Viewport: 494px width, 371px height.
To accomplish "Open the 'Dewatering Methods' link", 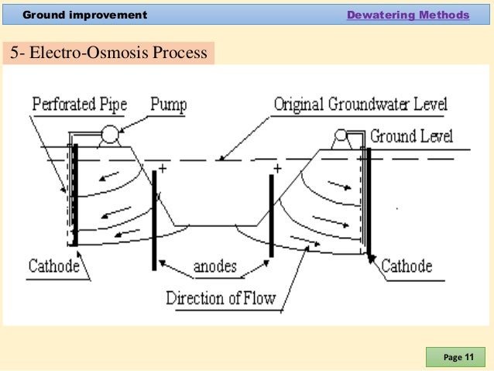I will click(407, 15).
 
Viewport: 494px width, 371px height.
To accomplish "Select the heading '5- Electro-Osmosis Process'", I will click(108, 53).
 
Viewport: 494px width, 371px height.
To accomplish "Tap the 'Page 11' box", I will click(458, 357).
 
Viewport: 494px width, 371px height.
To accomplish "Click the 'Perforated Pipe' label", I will click(81, 104).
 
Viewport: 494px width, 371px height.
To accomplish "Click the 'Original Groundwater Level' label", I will click(360, 104).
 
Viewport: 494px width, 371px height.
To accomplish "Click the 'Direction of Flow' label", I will click(221, 297).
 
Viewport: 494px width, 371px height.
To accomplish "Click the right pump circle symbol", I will click(339, 137).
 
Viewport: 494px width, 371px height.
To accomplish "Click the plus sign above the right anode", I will click(277, 167).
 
